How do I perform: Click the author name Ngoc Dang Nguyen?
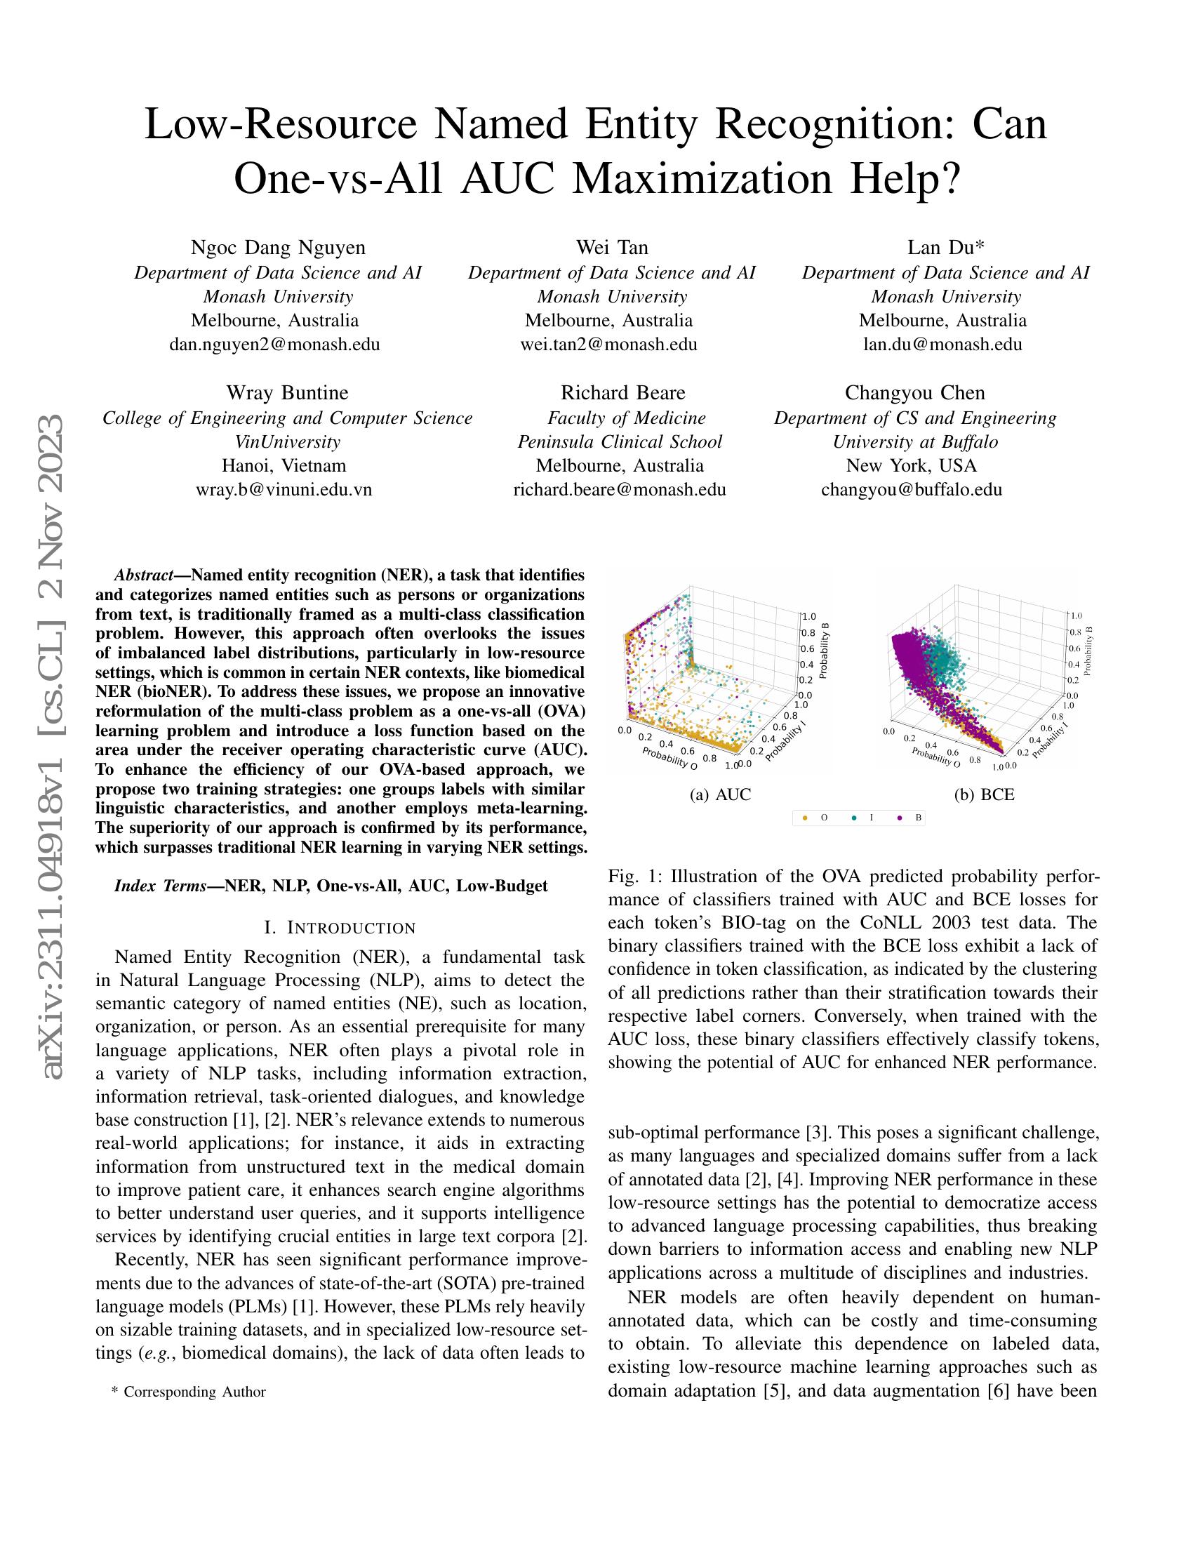point(279,248)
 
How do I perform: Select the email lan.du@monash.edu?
point(942,345)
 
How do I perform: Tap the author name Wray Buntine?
point(287,392)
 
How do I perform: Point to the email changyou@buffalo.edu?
point(911,489)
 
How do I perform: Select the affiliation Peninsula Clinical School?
point(619,442)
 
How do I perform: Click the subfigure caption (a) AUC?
point(720,794)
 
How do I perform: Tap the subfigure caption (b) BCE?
point(984,794)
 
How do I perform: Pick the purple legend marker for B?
point(900,818)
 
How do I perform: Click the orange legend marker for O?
point(805,818)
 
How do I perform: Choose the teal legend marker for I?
point(855,818)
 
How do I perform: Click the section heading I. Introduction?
point(339,927)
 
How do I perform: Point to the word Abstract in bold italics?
point(143,574)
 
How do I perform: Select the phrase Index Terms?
point(160,886)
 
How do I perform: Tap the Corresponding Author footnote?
point(189,1392)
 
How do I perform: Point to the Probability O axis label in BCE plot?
point(935,757)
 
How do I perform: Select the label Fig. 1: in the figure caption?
point(633,877)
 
